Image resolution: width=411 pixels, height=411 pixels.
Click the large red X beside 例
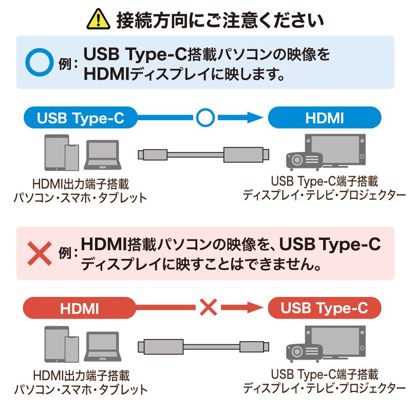coord(40,253)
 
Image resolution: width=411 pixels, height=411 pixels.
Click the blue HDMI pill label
coord(325,118)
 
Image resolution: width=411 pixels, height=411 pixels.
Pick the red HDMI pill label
coord(80,309)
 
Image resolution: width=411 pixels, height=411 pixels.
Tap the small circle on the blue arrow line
coord(204,118)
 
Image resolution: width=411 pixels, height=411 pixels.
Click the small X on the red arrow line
coord(208,308)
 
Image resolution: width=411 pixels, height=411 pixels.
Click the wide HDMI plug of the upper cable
coord(245,154)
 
